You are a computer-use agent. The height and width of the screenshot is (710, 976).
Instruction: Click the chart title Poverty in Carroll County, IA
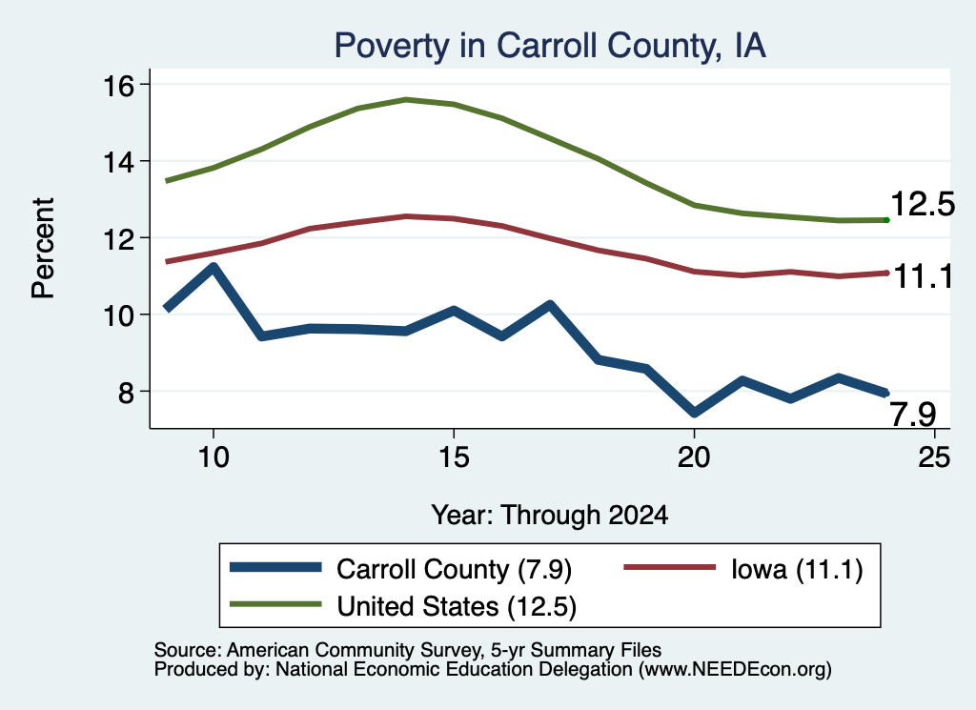coord(550,46)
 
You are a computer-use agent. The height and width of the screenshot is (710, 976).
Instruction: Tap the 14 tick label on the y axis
coord(118,162)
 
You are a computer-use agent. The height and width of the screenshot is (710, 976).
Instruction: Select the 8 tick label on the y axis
coord(127,392)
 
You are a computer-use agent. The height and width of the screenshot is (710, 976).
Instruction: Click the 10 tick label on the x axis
coord(213,457)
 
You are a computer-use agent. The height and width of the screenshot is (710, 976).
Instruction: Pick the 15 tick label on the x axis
coord(454,457)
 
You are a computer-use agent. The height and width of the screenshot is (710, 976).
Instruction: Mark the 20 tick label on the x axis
coord(694,457)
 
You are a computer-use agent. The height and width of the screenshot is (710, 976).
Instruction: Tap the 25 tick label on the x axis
coord(934,457)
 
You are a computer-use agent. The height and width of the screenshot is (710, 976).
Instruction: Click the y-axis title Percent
coord(43,249)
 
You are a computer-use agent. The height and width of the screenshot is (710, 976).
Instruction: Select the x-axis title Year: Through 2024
coord(550,516)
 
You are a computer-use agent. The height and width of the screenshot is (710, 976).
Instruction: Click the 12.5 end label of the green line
coord(923,204)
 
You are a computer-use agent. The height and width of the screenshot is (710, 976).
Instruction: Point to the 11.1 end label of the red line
coord(923,276)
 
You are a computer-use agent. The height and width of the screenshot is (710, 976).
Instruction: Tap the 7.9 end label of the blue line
coord(912,415)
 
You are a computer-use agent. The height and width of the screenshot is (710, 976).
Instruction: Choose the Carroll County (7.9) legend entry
coord(401,569)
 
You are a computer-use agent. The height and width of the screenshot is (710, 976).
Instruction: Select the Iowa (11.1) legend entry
coord(743,569)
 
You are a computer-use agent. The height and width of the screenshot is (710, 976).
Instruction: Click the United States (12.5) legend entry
coord(403,606)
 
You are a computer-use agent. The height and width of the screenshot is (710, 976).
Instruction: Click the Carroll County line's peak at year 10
coord(213,268)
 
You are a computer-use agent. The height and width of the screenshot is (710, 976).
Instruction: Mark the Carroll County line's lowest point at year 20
coord(694,413)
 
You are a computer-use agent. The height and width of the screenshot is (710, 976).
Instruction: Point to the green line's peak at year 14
coord(406,99)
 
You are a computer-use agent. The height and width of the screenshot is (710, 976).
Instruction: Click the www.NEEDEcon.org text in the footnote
coord(735,670)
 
